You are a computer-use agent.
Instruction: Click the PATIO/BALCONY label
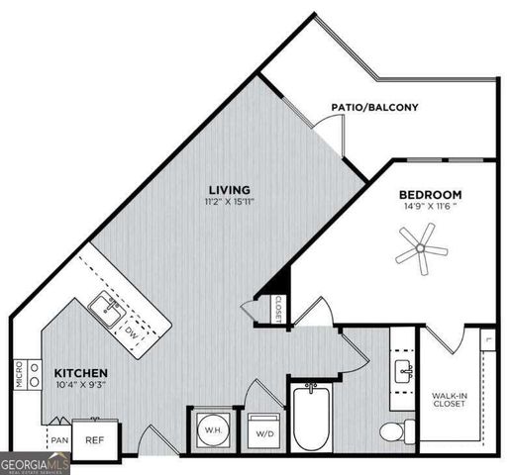374,107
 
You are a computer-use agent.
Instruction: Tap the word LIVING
228,189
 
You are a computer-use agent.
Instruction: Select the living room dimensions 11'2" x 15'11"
228,203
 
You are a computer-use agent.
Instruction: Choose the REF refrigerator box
95,439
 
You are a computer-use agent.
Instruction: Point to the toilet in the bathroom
396,431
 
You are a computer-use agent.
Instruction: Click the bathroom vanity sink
403,372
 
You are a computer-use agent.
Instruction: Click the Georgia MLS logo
36,462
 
